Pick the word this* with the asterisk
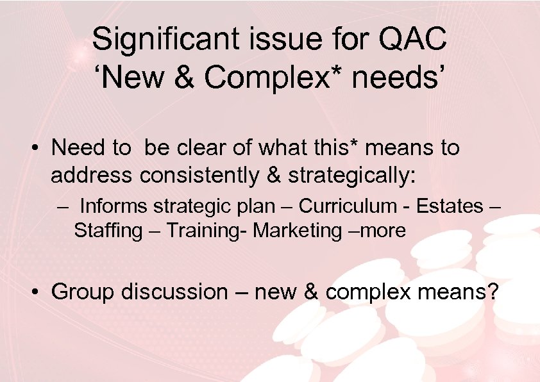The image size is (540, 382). click(344, 148)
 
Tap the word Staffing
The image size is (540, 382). click(108, 231)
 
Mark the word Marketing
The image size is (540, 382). click(298, 231)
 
